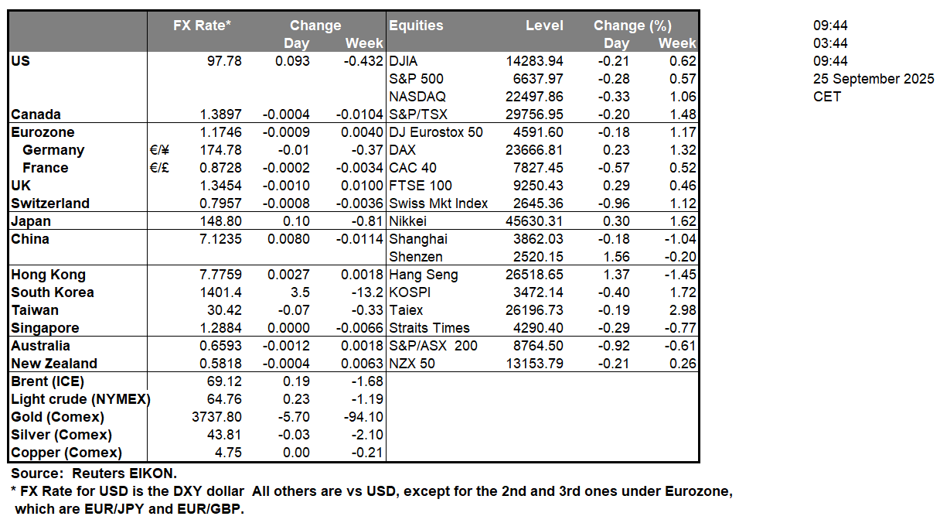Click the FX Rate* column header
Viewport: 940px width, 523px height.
[202, 26]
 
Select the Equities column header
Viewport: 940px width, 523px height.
[416, 26]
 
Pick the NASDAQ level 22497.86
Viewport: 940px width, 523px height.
[536, 97]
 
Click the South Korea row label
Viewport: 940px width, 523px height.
[53, 292]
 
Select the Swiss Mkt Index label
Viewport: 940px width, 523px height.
[438, 203]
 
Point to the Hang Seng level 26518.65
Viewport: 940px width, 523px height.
[536, 275]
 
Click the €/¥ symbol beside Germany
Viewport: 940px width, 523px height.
[160, 150]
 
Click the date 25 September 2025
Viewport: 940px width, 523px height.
[874, 79]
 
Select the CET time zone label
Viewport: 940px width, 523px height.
[826, 97]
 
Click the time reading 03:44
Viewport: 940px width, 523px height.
[830, 43]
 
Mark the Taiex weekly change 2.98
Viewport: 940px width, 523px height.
[683, 310]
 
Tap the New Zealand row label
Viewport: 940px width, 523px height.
[54, 364]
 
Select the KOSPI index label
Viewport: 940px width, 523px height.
[410, 292]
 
